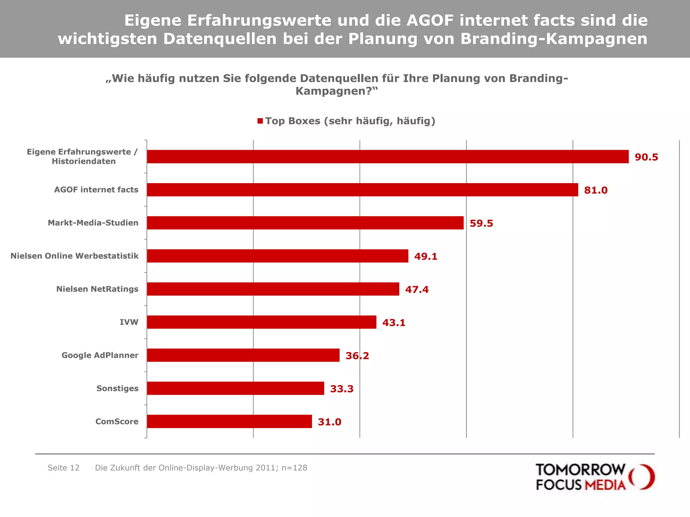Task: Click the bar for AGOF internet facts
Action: (362, 189)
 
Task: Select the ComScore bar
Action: (229, 421)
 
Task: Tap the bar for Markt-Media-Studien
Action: (305, 223)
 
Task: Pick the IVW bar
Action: (261, 322)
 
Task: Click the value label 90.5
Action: (646, 157)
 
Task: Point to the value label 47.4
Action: (417, 289)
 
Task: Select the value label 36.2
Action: (357, 356)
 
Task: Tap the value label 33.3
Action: (342, 389)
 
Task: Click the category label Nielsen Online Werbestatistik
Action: (74, 256)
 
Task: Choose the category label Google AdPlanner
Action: (100, 355)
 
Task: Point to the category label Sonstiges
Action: (117, 388)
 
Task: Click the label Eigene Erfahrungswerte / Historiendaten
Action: (83, 157)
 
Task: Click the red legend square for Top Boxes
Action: (260, 121)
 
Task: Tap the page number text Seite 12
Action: (63, 468)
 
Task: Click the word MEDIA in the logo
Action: (605, 485)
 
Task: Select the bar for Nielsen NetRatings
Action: (273, 289)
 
